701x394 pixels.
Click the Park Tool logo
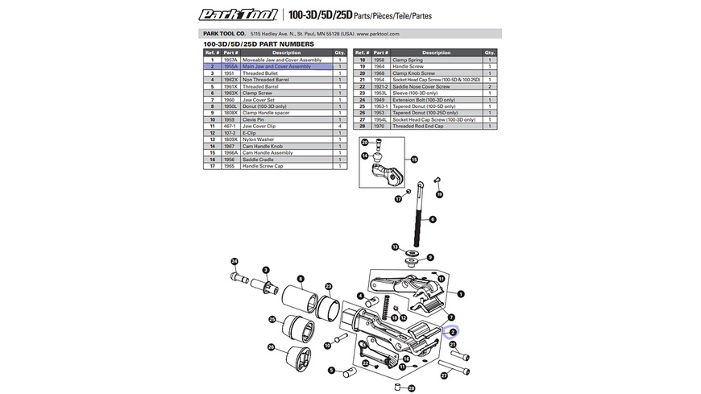(x=239, y=14)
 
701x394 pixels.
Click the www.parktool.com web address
(x=379, y=34)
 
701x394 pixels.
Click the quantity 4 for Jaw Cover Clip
(x=340, y=126)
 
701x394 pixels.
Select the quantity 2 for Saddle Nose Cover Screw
(x=490, y=86)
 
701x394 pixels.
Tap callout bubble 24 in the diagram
(x=234, y=262)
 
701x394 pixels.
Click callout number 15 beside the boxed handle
(x=416, y=160)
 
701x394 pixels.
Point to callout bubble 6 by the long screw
(x=431, y=219)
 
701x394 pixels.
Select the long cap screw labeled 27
(x=461, y=364)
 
